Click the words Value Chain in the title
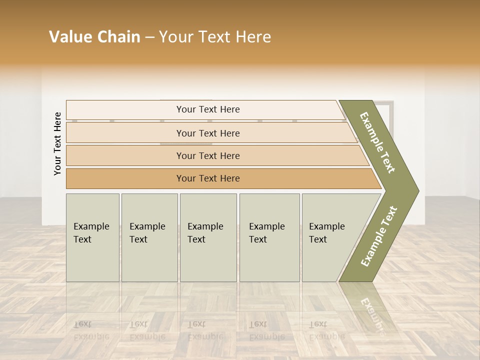click(x=94, y=37)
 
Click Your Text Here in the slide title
click(x=215, y=37)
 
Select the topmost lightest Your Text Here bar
click(x=207, y=109)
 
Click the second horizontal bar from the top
click(x=207, y=133)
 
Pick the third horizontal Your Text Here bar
click(x=207, y=155)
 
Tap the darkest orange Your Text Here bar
click(x=207, y=178)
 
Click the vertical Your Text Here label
click(x=57, y=143)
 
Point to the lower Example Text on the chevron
click(x=378, y=236)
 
